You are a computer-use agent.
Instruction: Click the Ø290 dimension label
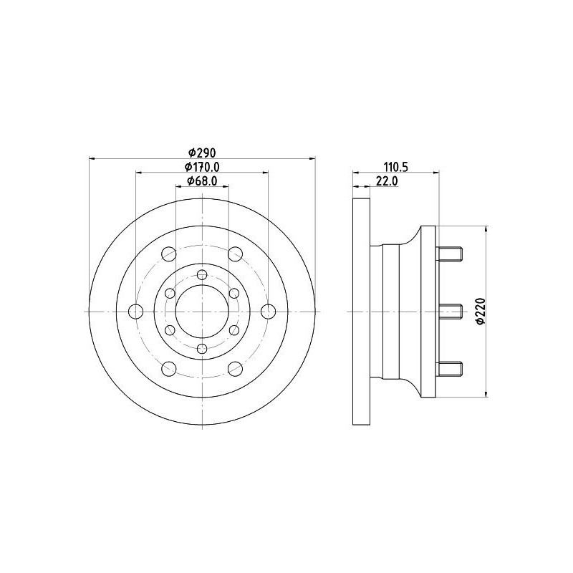tap(202, 152)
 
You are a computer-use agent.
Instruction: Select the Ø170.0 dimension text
tap(202, 167)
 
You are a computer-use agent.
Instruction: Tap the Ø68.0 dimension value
tap(202, 180)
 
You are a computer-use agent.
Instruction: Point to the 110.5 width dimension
tap(396, 167)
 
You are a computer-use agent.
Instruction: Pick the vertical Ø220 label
tap(481, 311)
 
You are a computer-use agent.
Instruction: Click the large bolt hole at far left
tap(136, 312)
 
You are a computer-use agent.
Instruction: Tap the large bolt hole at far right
tap(269, 312)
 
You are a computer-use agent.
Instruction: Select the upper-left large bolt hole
tap(169, 254)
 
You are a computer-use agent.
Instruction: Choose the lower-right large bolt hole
tap(236, 369)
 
